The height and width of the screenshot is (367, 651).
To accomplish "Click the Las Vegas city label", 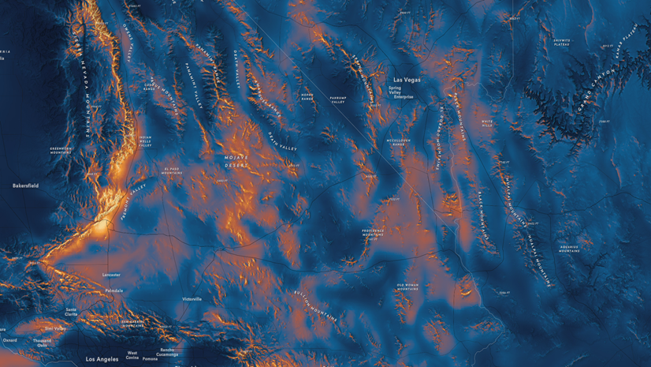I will pyautogui.click(x=407, y=80).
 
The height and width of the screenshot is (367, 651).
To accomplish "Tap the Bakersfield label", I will pyautogui.click(x=25, y=185).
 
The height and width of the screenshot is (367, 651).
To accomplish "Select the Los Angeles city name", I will pyautogui.click(x=102, y=359).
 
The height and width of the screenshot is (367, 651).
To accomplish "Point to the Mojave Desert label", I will pyautogui.click(x=236, y=162).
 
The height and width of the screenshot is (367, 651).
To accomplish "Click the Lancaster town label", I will pyautogui.click(x=111, y=275).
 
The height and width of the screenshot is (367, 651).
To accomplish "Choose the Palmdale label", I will pyautogui.click(x=113, y=290).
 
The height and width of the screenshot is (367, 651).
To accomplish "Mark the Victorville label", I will pyautogui.click(x=192, y=299).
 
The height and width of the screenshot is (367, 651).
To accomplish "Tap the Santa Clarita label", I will pyautogui.click(x=71, y=312).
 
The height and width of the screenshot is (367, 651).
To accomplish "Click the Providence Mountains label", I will pyautogui.click(x=373, y=233).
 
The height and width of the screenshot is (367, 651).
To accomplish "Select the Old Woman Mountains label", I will pyautogui.click(x=407, y=286).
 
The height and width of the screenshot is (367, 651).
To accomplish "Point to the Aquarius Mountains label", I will pyautogui.click(x=569, y=249).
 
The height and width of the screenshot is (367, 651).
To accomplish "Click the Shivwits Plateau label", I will pyautogui.click(x=561, y=42).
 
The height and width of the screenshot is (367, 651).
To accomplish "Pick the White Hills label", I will pyautogui.click(x=488, y=123).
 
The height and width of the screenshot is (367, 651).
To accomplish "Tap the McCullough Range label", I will pyautogui.click(x=398, y=143).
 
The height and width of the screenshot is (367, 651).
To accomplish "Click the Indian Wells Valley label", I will pyautogui.click(x=145, y=140).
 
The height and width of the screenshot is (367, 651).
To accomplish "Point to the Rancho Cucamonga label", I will pyautogui.click(x=167, y=352).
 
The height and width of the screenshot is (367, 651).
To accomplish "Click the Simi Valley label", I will pyautogui.click(x=56, y=328).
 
